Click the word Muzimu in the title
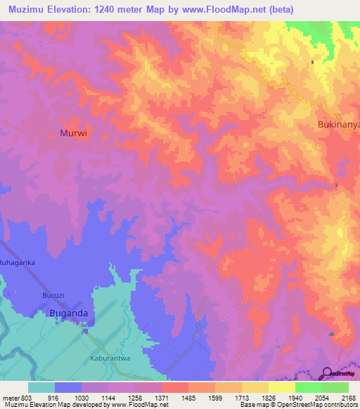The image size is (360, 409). click(x=28, y=9)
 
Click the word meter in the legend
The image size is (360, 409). click(x=10, y=397)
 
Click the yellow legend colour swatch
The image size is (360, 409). click(x=281, y=387)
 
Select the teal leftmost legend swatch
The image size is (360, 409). click(x=41, y=387)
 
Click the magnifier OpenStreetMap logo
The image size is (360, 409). click(x=327, y=373)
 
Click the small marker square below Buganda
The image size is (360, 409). click(x=84, y=331)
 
